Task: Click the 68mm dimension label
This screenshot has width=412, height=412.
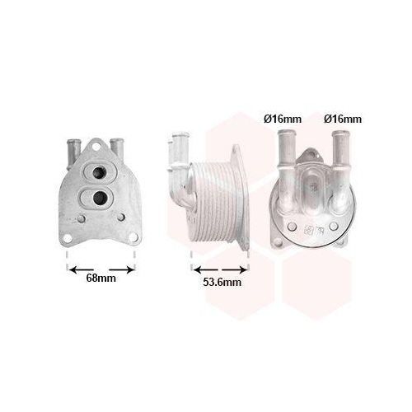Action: tap(101, 278)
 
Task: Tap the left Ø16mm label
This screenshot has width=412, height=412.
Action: tap(282, 119)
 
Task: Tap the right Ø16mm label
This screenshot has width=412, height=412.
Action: tap(342, 119)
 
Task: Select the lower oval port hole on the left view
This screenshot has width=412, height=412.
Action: tap(101, 197)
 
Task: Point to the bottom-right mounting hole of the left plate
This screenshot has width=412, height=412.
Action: tap(122, 219)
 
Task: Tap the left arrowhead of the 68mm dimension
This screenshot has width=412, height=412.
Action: tap(73, 269)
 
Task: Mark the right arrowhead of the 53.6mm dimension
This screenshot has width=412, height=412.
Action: tap(245, 269)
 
